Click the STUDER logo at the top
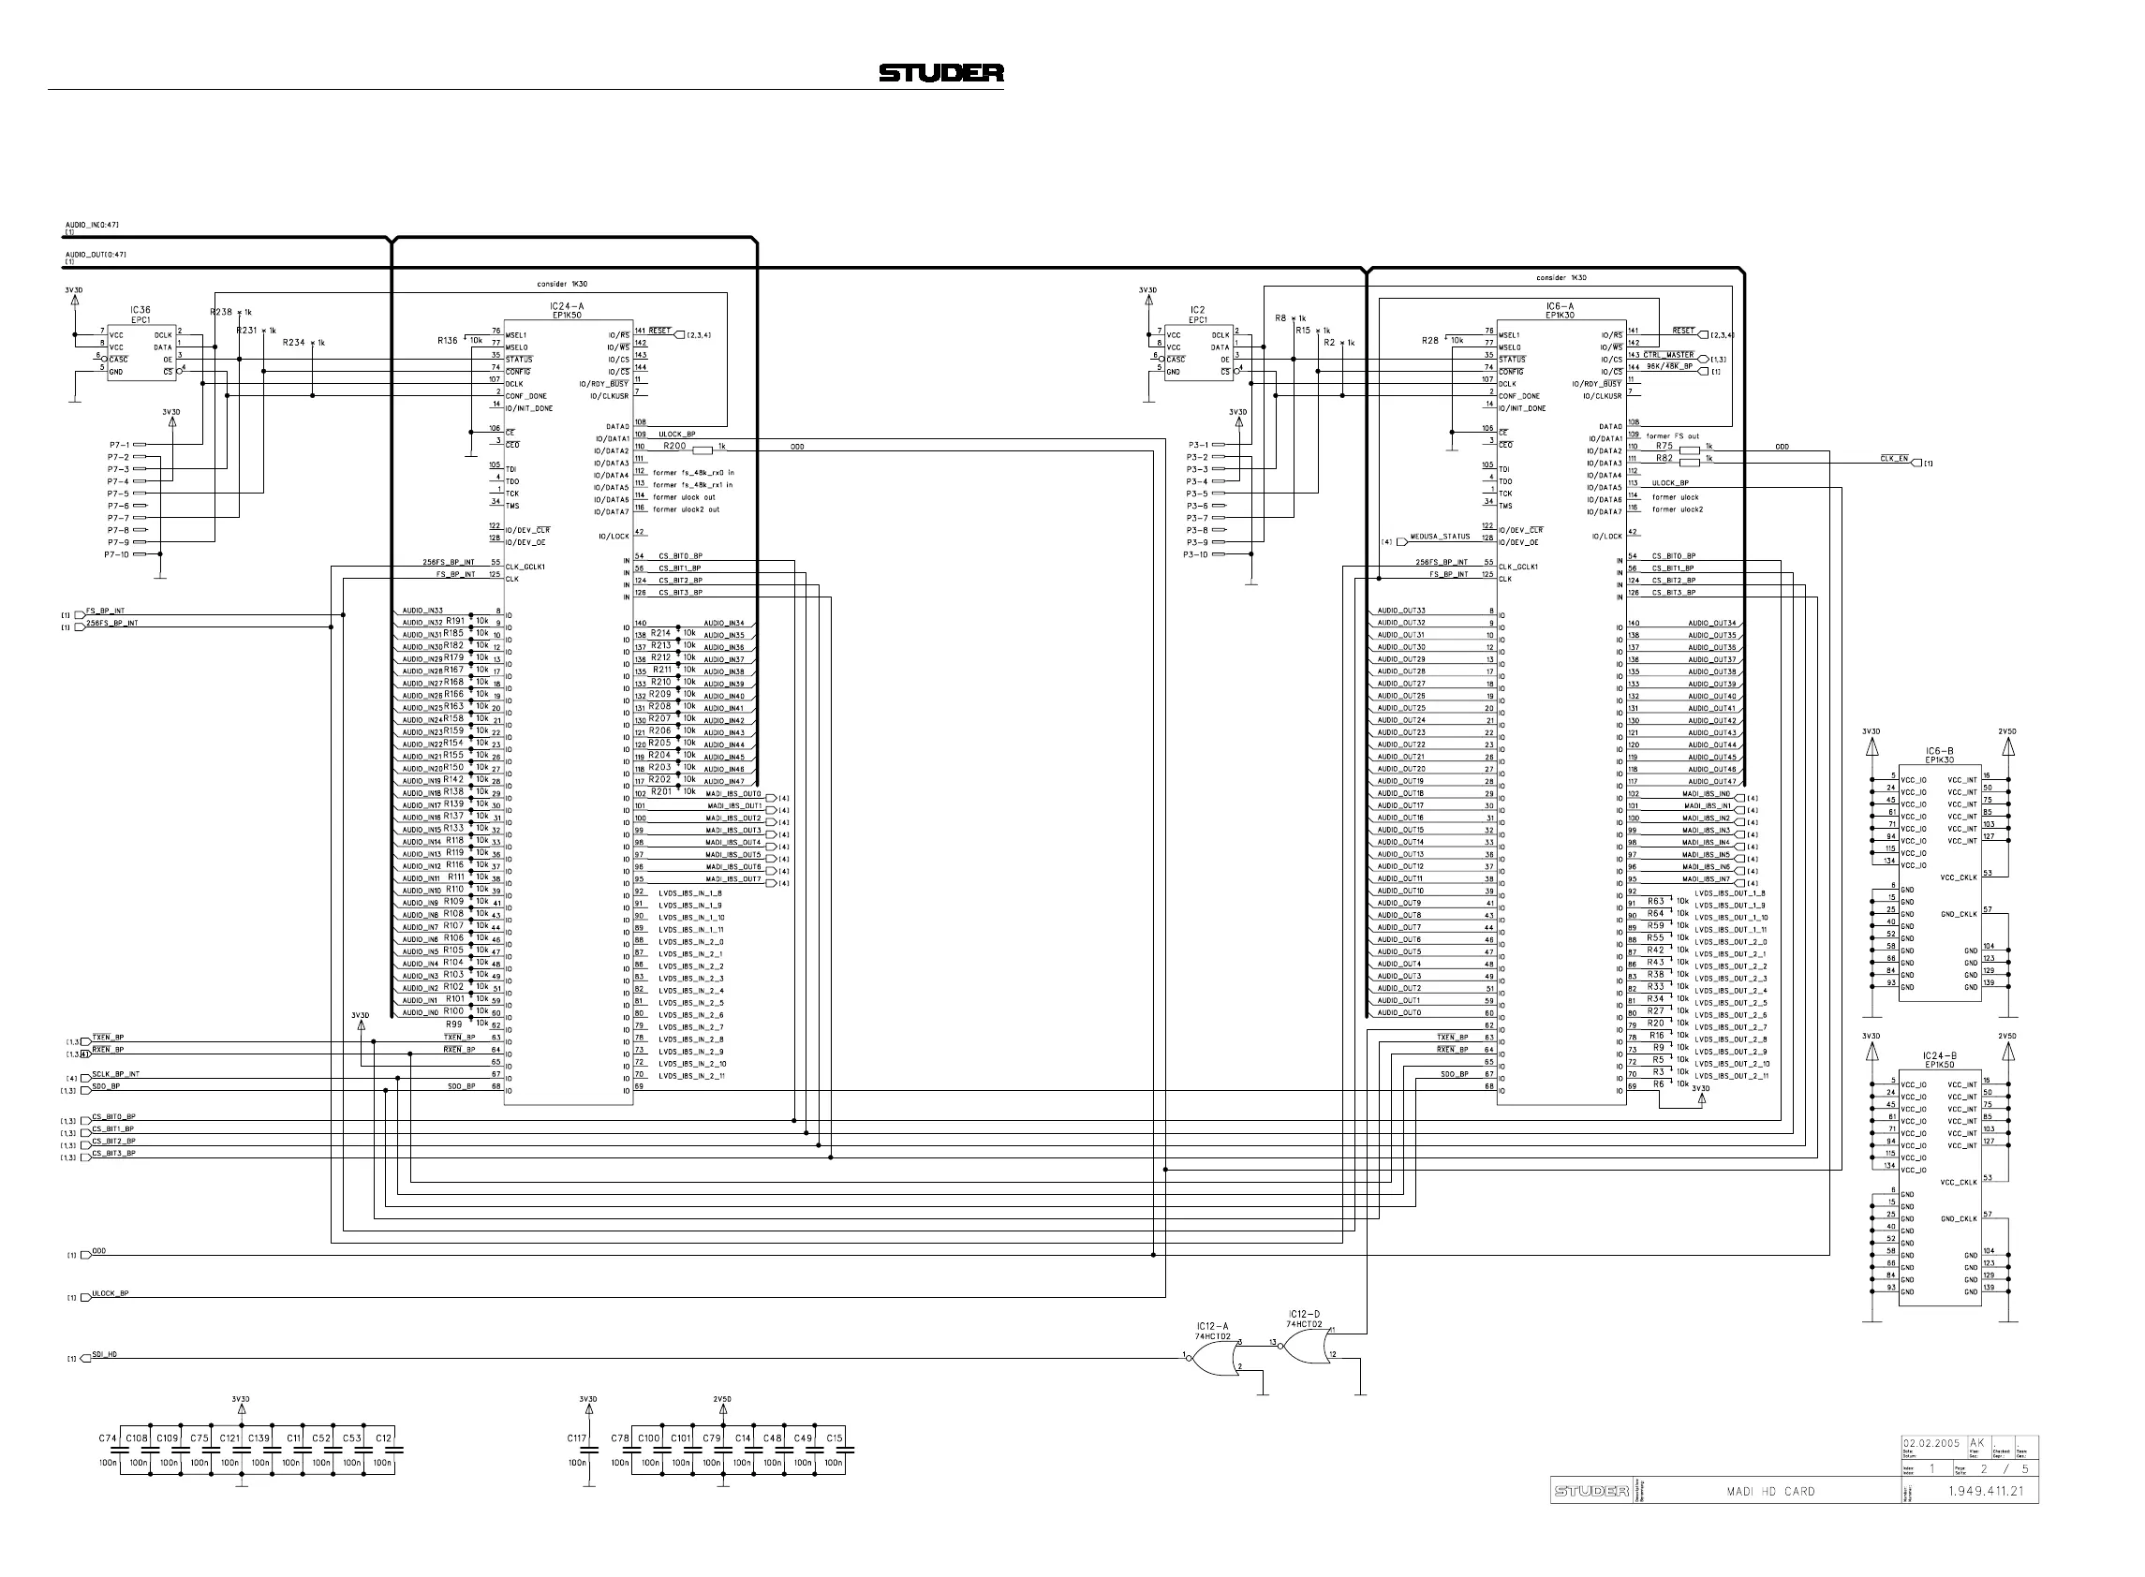940,73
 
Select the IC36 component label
141,309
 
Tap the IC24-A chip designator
567,306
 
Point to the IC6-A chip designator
1560,306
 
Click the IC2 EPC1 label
1197,315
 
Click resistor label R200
674,446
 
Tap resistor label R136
448,340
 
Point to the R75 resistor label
1664,446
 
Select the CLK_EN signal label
1894,458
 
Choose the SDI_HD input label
104,1353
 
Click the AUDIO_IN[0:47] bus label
92,225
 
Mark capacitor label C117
577,1437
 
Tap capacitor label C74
107,1437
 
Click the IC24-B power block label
1940,1055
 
